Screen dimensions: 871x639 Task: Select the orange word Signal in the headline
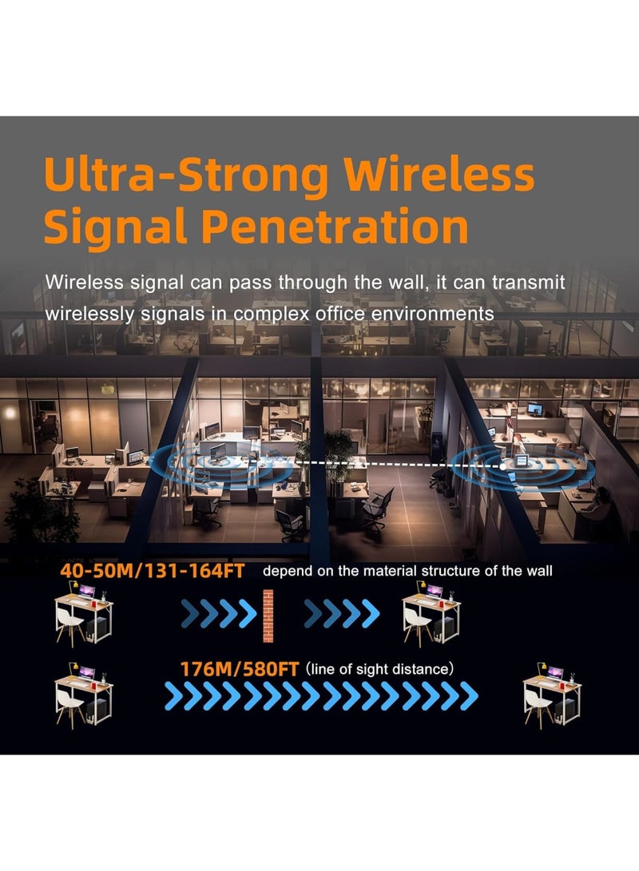[108, 226]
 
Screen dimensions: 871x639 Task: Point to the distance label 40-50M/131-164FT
[152, 572]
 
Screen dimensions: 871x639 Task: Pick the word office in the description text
[333, 314]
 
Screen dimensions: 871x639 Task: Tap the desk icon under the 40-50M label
[83, 613]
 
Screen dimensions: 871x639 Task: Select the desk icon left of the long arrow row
[83, 693]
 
